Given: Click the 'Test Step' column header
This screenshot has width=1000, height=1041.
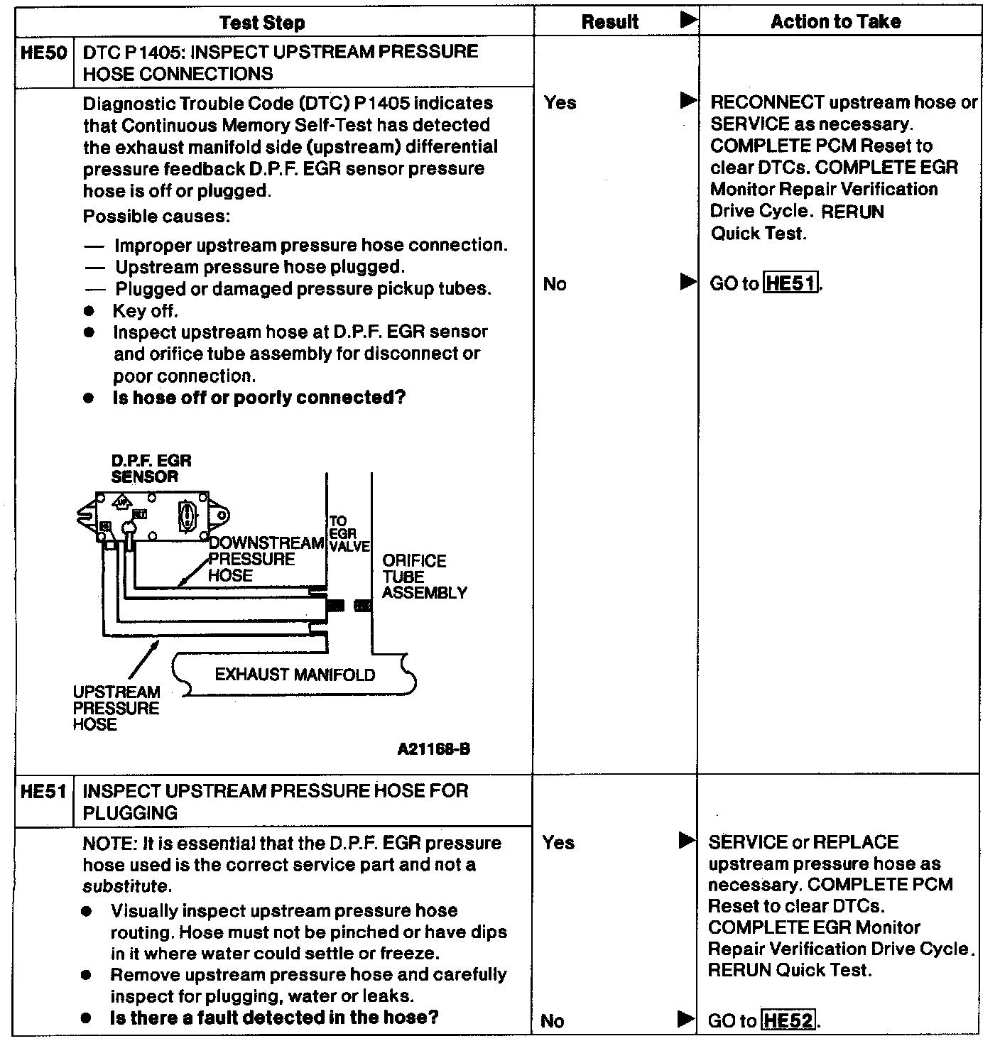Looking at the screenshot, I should [x=262, y=23].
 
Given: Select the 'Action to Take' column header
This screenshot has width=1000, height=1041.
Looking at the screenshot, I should [x=836, y=22].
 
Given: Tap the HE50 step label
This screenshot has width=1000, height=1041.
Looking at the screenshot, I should [x=43, y=53].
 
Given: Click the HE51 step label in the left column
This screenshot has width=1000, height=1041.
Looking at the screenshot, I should [x=43, y=791].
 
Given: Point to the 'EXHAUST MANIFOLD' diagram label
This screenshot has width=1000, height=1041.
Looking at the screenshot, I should [x=295, y=675].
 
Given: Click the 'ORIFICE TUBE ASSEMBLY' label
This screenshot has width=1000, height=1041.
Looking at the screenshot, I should [x=424, y=577].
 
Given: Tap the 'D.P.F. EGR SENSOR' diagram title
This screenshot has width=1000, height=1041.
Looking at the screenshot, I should [x=151, y=469].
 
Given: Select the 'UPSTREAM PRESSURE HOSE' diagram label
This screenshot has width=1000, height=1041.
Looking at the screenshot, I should [x=116, y=708].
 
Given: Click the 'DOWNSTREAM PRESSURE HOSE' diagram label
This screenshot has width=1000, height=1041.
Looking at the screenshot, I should [x=265, y=559].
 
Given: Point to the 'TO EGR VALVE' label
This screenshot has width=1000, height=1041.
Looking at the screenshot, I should [x=348, y=533].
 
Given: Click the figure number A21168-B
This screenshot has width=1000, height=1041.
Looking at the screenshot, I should [x=433, y=749].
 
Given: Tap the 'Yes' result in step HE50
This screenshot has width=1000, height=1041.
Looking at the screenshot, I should [x=560, y=103].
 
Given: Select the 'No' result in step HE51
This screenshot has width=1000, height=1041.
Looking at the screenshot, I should [x=553, y=1021].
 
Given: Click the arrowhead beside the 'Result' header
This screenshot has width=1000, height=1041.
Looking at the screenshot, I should [x=687, y=21].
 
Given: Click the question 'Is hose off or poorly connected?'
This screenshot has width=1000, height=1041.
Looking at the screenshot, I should [x=259, y=398].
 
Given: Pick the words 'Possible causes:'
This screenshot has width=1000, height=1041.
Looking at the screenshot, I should [x=156, y=216].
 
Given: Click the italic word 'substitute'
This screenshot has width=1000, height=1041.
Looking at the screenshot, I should [x=126, y=886].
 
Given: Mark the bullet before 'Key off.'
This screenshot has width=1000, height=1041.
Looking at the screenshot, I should [x=89, y=311].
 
